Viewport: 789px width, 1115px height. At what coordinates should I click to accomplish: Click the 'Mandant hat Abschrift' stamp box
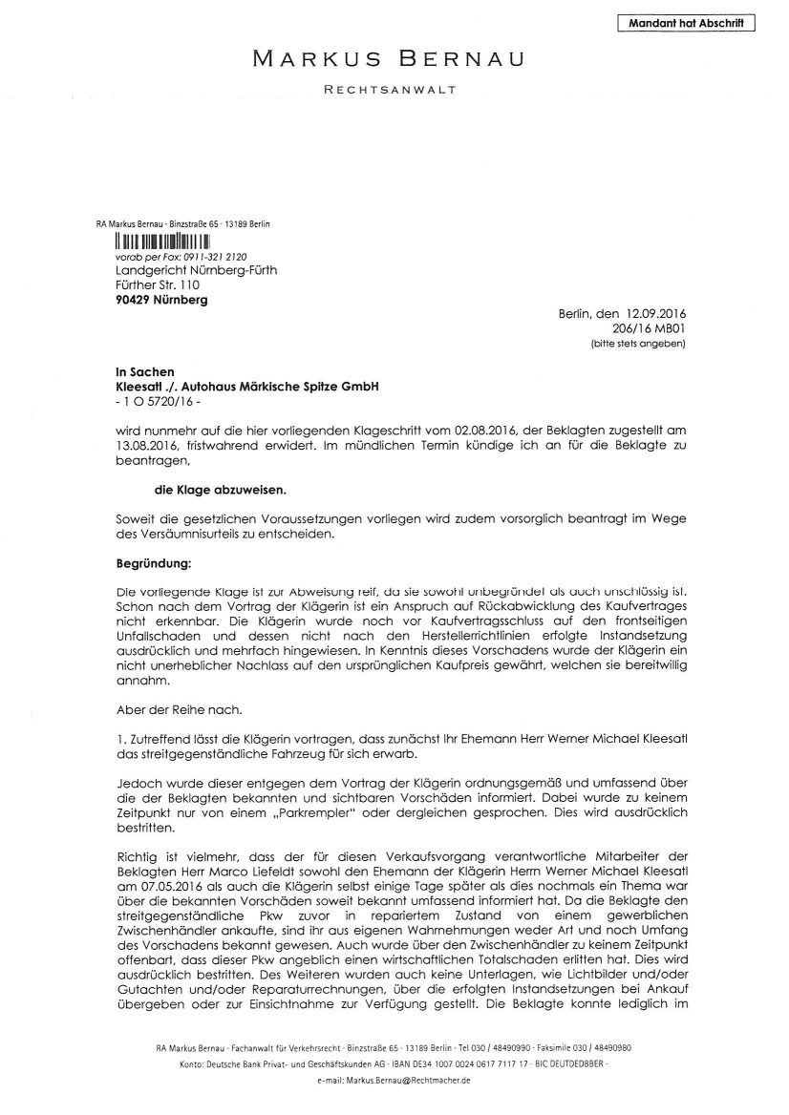[687, 23]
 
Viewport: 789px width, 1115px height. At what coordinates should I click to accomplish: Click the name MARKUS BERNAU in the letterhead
[388, 59]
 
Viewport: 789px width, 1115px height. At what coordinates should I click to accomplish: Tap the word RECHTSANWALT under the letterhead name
[392, 91]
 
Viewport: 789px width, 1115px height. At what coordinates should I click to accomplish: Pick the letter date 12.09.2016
[662, 313]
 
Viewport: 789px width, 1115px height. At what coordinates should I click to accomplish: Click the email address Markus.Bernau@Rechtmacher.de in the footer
[394, 1081]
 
